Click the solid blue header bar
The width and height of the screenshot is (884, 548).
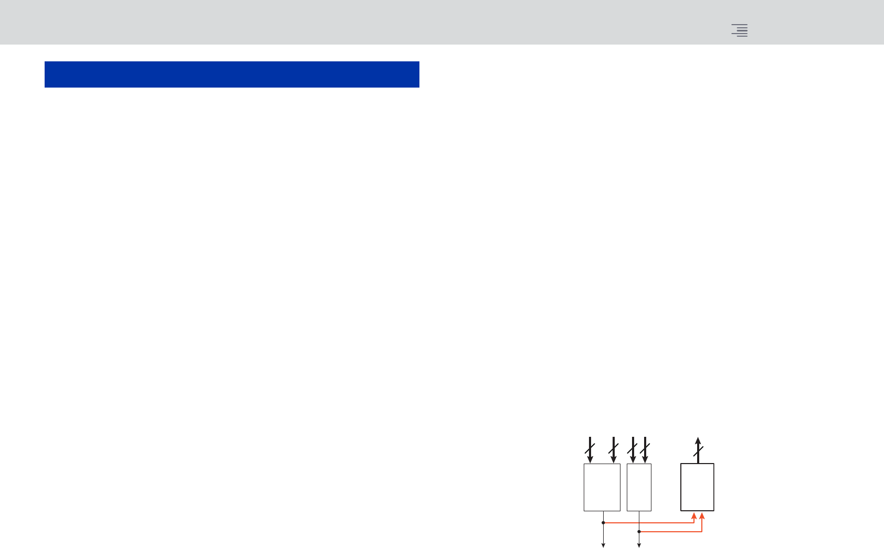(x=231, y=74)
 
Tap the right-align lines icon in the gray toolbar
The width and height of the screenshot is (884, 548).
(x=740, y=30)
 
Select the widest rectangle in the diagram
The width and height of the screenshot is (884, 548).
(x=602, y=487)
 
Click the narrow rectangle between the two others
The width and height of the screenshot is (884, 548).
(x=639, y=487)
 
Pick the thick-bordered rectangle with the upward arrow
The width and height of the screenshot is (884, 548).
(x=697, y=487)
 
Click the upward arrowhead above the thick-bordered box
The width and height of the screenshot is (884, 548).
(x=698, y=440)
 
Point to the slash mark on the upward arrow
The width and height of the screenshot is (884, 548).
(x=698, y=452)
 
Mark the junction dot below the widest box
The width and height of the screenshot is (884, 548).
(x=603, y=523)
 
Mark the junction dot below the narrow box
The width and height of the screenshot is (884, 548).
(x=639, y=532)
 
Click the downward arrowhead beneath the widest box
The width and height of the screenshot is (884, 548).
(x=603, y=545)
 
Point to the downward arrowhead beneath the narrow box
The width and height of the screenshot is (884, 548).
(x=639, y=545)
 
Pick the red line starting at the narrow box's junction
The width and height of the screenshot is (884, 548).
(x=672, y=532)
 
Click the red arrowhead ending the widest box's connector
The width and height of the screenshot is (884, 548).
(x=694, y=516)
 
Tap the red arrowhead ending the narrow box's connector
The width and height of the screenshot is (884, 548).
(x=702, y=516)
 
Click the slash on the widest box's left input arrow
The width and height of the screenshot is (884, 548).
(x=590, y=449)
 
